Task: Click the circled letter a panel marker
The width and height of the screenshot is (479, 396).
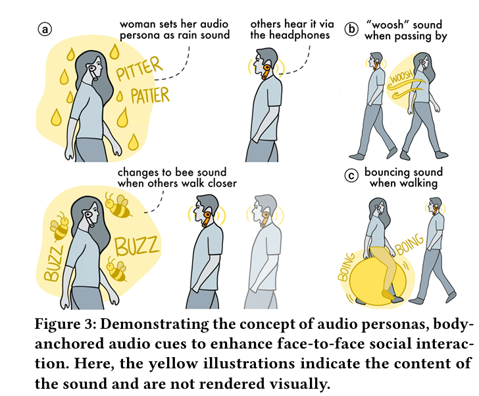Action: tap(45, 30)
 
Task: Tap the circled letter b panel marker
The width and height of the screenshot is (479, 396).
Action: tap(351, 29)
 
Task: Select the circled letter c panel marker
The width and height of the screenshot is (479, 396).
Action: tap(351, 176)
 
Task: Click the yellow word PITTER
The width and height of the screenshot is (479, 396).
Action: tap(139, 69)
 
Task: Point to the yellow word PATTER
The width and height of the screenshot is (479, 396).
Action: tap(150, 95)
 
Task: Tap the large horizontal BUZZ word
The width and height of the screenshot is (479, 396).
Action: tap(137, 246)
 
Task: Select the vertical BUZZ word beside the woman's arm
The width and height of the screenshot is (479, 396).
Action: tap(53, 264)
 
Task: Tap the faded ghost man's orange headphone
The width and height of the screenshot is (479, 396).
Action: tap(265, 219)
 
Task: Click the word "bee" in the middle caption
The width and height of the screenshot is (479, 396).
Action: tap(184, 172)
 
